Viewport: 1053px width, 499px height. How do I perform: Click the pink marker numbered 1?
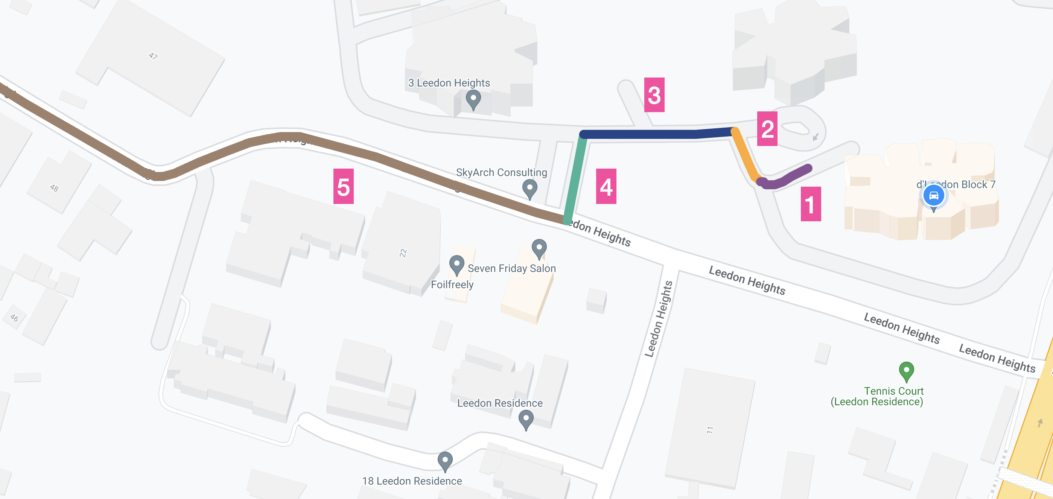pos(811,204)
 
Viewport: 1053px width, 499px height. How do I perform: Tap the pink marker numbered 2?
pos(767,129)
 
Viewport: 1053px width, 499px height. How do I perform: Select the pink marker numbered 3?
pos(654,95)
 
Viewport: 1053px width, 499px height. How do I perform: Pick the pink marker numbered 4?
pos(606,186)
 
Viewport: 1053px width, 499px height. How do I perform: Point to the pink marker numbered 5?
pos(343,186)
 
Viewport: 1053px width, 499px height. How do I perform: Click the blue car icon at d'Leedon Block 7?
pos(934,195)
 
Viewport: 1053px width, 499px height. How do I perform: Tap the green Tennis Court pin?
pos(906,371)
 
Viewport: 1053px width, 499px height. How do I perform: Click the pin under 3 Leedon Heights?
pos(473,99)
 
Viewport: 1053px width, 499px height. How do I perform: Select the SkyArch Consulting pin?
pos(530,189)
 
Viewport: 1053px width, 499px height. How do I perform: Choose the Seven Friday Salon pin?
pos(539,248)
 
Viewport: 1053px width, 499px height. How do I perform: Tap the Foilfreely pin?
pos(457,264)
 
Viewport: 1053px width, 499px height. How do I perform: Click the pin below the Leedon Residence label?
pos(526,419)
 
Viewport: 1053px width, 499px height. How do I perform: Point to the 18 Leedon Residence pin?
pos(445,460)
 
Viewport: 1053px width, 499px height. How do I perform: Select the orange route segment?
pos(745,155)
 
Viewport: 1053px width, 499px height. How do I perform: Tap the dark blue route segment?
pos(654,134)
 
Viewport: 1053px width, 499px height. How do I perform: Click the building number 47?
pos(153,56)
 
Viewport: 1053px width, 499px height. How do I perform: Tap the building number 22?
pos(403,253)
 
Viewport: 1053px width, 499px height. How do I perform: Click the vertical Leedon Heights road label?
pos(659,319)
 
